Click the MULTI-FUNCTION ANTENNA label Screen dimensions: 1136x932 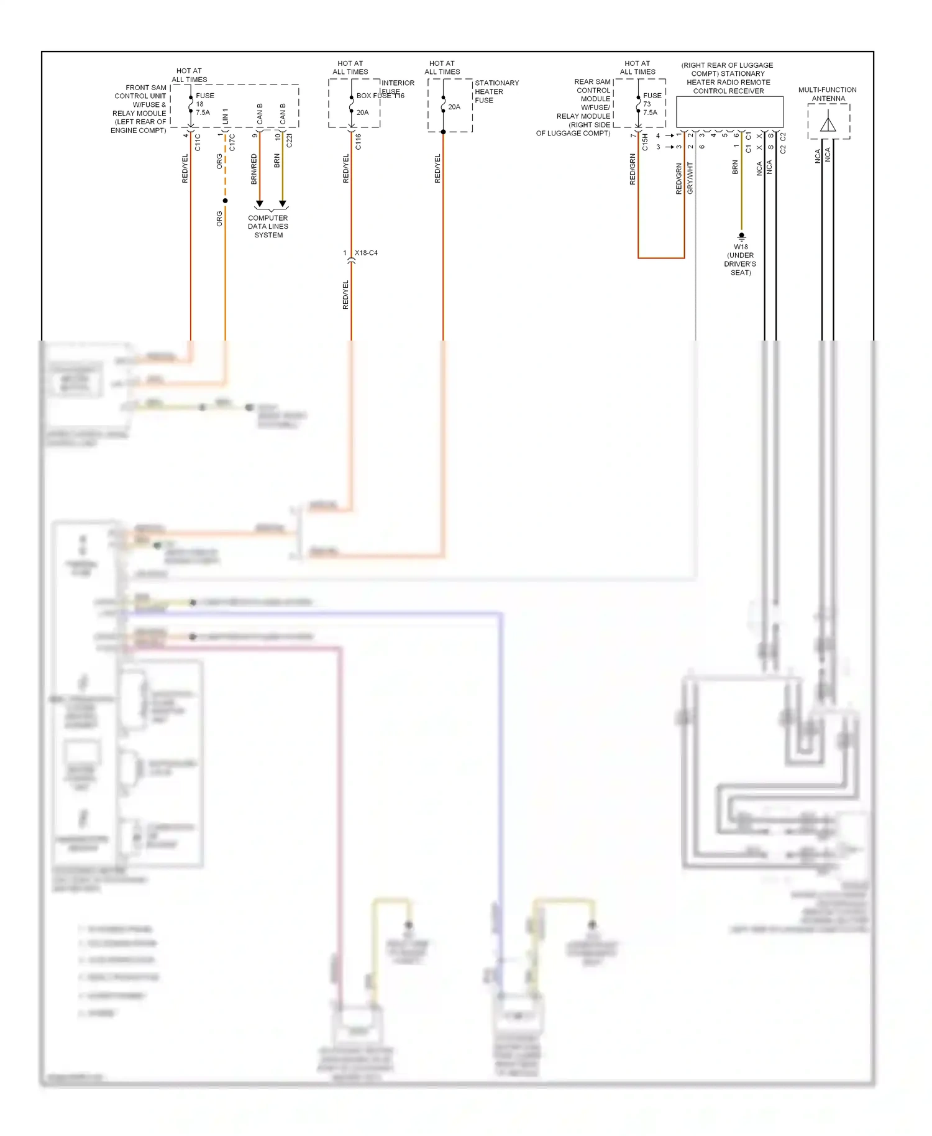(828, 94)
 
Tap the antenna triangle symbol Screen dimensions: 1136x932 (828, 124)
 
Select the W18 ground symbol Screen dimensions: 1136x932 (741, 236)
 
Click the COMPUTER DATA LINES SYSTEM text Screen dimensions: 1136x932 (268, 226)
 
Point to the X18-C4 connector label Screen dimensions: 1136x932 (366, 253)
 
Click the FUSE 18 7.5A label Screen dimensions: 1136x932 (204, 104)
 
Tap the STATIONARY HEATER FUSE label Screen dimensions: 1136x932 (496, 91)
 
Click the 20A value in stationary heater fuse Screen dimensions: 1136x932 (454, 107)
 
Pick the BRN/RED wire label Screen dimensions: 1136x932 (254, 169)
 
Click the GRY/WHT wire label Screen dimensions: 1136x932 (690, 178)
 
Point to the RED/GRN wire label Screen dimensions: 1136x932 (633, 169)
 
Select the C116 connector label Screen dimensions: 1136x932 (359, 142)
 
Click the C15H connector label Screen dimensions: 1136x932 (646, 142)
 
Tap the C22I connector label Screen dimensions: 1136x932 (290, 140)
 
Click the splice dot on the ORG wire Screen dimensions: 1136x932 (225, 201)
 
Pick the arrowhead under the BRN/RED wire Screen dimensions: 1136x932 (260, 204)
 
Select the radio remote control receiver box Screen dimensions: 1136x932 (729, 112)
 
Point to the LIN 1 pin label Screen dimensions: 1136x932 (226, 115)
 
